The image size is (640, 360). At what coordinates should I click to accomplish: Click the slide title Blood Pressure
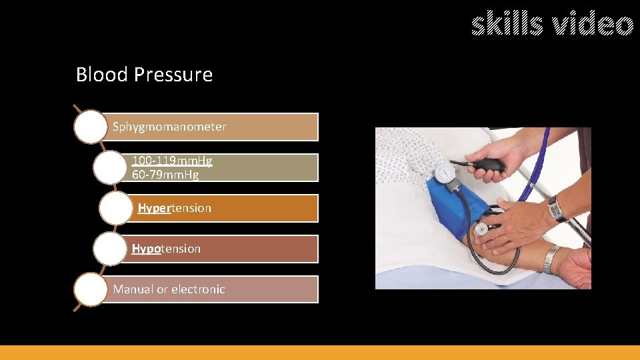point(144,75)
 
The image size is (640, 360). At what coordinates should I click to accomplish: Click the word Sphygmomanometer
point(169,127)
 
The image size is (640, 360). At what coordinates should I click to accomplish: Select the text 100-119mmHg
point(172,161)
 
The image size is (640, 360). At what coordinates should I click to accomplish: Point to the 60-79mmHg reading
point(165,175)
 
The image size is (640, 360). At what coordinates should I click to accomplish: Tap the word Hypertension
point(174,208)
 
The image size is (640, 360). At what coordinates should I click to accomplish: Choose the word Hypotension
point(166,249)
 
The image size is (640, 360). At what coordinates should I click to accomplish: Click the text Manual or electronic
point(169,289)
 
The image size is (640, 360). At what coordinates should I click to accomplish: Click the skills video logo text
point(552,25)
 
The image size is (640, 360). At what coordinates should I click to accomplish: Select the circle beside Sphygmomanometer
point(90,127)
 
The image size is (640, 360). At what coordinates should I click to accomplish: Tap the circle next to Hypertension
point(115,208)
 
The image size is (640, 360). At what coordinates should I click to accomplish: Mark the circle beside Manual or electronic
point(90,289)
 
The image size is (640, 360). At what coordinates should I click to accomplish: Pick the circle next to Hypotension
point(109,249)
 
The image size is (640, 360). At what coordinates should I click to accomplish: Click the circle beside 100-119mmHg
point(109,167)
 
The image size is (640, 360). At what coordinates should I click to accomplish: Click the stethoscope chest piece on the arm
point(481,229)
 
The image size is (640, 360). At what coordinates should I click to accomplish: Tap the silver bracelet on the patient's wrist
point(551,259)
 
